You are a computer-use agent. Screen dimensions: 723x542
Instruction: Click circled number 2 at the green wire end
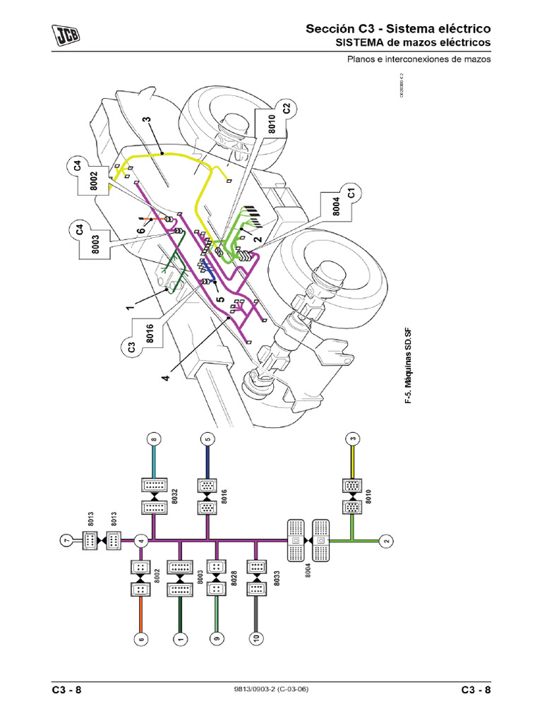(385, 541)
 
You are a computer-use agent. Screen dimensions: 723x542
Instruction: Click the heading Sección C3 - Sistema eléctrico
(397, 29)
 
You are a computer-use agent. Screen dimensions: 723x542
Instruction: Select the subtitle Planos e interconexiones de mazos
(418, 60)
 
